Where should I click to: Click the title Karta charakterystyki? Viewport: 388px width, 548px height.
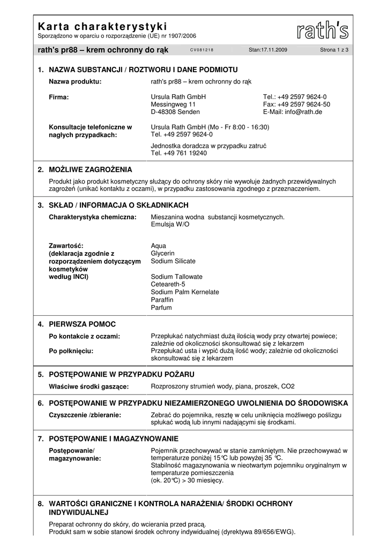pyautogui.click(x=102, y=26)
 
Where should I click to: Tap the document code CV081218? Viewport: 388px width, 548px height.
pyautogui.click(x=202, y=50)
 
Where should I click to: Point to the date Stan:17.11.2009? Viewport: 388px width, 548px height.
pyautogui.click(x=268, y=50)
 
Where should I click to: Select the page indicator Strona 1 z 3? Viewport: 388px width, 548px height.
pyautogui.click(x=334, y=50)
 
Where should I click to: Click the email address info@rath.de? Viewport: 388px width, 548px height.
pyautogui.click(x=293, y=112)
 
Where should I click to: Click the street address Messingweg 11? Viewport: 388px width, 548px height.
pyautogui.click(x=173, y=104)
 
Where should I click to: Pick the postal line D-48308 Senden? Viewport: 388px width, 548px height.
pyautogui.click(x=175, y=112)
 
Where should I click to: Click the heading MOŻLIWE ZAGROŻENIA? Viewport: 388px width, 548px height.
pyautogui.click(x=90, y=170)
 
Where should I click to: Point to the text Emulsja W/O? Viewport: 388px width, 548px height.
pyautogui.click(x=170, y=224)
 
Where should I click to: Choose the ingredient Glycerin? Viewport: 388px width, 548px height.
pyautogui.click(x=163, y=253)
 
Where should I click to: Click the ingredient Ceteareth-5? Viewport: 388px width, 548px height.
pyautogui.click(x=168, y=284)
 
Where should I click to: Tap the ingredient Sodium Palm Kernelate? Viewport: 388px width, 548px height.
pyautogui.click(x=185, y=292)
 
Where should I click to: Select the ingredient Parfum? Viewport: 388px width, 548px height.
pyautogui.click(x=161, y=308)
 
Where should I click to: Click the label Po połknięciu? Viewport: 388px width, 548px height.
pyautogui.click(x=71, y=351)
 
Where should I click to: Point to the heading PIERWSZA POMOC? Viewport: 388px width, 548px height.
pyautogui.click(x=82, y=324)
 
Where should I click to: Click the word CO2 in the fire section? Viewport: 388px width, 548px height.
pyautogui.click(x=288, y=386)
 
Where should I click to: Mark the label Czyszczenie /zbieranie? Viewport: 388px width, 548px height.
pyautogui.click(x=85, y=415)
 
